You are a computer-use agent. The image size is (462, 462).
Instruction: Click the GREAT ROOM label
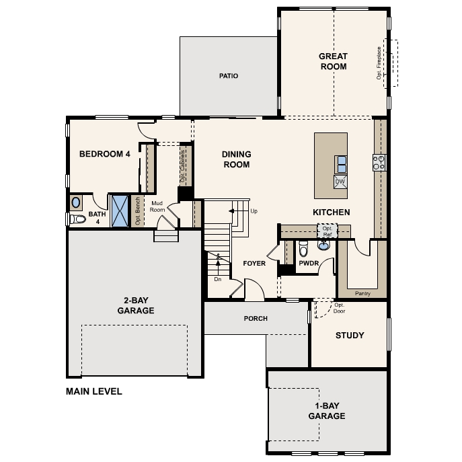pyautogui.click(x=333, y=61)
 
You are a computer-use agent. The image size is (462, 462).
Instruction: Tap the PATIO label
pyautogui.click(x=229, y=76)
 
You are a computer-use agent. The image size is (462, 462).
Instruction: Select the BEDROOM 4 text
pyautogui.click(x=105, y=154)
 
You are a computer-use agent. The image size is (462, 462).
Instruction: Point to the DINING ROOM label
pyautogui.click(x=236, y=159)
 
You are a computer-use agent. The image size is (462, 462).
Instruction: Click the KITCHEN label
pyautogui.click(x=331, y=213)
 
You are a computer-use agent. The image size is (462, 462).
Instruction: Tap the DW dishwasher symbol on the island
pyautogui.click(x=340, y=182)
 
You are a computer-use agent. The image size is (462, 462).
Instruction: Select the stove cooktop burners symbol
pyautogui.click(x=379, y=162)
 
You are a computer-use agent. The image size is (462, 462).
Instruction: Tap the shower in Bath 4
pyautogui.click(x=120, y=211)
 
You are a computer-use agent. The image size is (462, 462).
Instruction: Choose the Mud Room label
pyautogui.click(x=157, y=206)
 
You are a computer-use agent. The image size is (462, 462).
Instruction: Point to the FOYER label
pyautogui.click(x=254, y=263)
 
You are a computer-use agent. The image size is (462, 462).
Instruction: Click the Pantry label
pyautogui.click(x=362, y=293)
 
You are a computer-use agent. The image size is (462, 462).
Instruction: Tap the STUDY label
pyautogui.click(x=349, y=335)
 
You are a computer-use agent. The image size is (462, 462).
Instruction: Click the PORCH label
pyautogui.click(x=256, y=318)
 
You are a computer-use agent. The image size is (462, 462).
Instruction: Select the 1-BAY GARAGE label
pyautogui.click(x=327, y=411)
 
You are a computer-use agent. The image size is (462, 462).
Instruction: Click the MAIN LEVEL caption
pyautogui.click(x=94, y=391)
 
